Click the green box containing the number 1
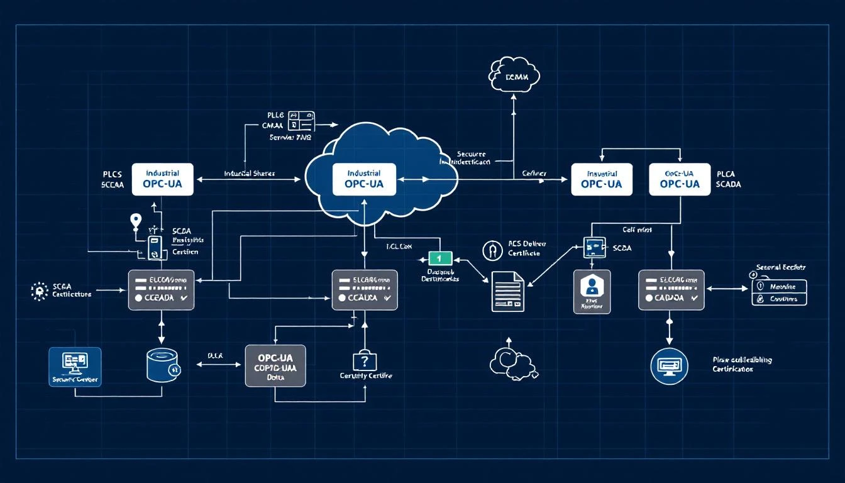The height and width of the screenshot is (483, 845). coord(440,258)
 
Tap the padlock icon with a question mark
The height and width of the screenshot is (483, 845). coord(364,360)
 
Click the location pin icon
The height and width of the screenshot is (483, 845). coord(135,221)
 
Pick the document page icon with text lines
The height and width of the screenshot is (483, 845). coord(507,291)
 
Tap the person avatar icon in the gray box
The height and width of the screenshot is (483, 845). coord(592,288)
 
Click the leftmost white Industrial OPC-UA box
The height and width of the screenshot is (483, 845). coord(162,179)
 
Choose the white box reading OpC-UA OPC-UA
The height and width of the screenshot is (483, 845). coord(680,179)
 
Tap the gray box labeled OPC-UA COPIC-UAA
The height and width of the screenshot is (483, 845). coord(275,365)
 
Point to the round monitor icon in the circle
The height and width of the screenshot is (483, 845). coord(669,366)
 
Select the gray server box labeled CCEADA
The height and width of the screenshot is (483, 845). coord(161,290)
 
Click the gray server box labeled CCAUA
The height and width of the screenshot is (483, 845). coord(365,290)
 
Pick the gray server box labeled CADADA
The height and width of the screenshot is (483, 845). coord(671,290)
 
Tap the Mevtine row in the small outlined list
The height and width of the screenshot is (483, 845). coord(779,286)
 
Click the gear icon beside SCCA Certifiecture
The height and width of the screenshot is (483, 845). coord(40,290)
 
